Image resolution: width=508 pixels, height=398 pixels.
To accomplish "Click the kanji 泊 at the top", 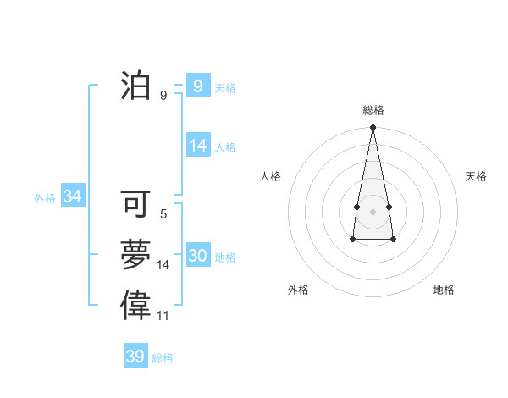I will pyautogui.click(x=136, y=86).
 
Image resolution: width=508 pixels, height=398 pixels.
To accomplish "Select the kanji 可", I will pyautogui.click(x=136, y=204).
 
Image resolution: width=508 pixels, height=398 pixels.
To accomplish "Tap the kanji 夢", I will pyautogui.click(x=136, y=255).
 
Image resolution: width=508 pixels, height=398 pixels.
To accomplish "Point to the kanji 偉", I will pyautogui.click(x=136, y=305).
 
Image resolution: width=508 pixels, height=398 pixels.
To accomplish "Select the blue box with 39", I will pyautogui.click(x=135, y=357).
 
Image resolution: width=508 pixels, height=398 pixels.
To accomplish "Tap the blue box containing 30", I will pyautogui.click(x=197, y=257).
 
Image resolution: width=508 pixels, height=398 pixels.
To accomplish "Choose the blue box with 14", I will pyautogui.click(x=197, y=146).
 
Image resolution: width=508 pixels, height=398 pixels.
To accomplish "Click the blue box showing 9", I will pyautogui.click(x=197, y=86).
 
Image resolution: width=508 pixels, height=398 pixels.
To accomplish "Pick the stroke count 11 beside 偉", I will pyautogui.click(x=163, y=316).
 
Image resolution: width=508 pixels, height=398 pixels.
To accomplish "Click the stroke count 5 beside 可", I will pyautogui.click(x=163, y=214).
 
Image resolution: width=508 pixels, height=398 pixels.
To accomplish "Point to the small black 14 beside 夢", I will pyautogui.click(x=163, y=265).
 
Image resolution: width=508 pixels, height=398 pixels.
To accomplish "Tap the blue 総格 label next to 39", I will pyautogui.click(x=163, y=358).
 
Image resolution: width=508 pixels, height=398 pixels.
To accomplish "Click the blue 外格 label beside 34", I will pyautogui.click(x=45, y=198).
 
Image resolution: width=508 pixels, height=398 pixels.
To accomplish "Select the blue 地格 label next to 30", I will pyautogui.click(x=225, y=257).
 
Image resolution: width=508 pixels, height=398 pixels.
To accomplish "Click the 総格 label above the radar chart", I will pyautogui.click(x=373, y=110).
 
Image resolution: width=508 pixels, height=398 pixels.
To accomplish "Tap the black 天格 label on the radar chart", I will pyautogui.click(x=476, y=176).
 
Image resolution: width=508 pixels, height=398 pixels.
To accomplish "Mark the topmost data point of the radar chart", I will pyautogui.click(x=373, y=128).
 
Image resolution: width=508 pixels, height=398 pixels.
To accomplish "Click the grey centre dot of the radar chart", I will pyautogui.click(x=373, y=211).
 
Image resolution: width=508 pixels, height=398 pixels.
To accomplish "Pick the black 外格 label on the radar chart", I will pyautogui.click(x=298, y=290).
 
